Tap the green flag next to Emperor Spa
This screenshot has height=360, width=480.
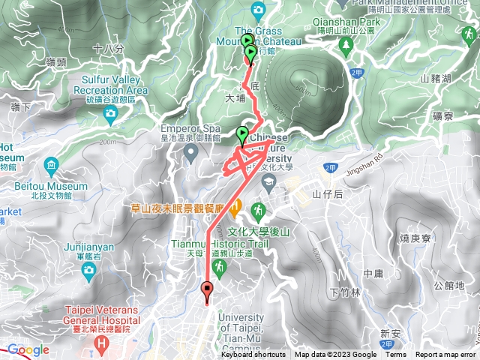(242, 134)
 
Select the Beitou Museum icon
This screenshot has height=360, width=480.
(51, 164)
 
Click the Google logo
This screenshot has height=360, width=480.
(28, 349)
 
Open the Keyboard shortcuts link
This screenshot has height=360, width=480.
(253, 355)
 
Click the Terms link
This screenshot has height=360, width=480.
(396, 355)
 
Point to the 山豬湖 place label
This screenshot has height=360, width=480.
(435, 79)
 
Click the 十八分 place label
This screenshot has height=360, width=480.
(109, 48)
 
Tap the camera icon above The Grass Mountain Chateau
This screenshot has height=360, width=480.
(258, 10)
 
